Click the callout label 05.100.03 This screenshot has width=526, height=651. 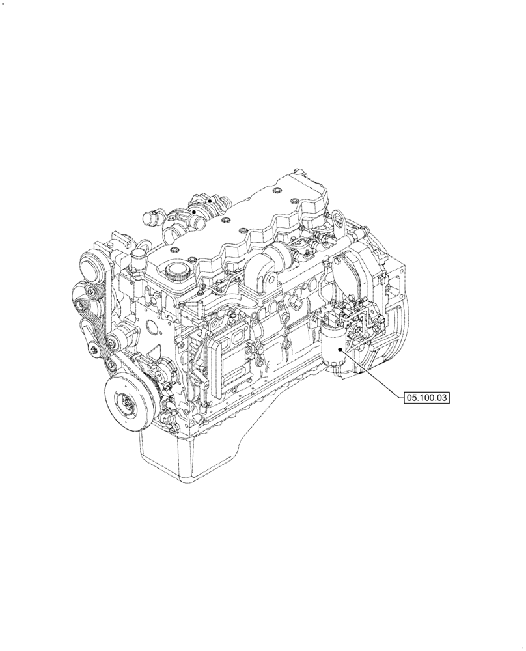coord(428,396)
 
